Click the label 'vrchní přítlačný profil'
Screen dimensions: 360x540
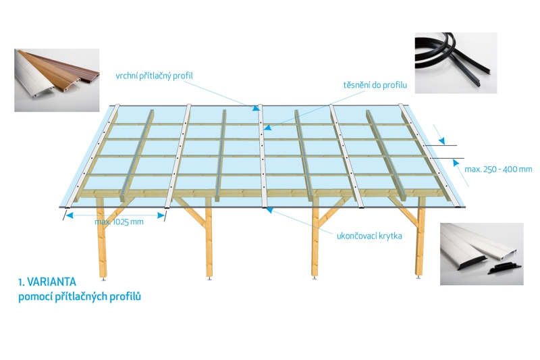click(154, 75)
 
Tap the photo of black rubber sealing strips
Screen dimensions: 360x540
click(455, 62)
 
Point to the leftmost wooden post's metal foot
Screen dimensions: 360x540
click(103, 277)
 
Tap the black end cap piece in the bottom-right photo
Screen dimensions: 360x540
click(503, 269)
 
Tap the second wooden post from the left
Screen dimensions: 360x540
click(209, 243)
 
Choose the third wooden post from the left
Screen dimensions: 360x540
click(314, 243)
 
